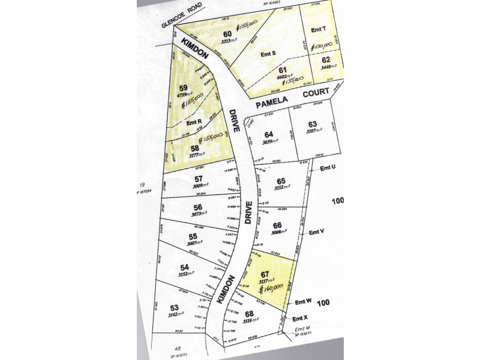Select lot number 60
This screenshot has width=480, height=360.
click(227, 34)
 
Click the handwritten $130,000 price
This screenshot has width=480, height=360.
click(322, 45)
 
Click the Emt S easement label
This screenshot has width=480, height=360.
click(270, 55)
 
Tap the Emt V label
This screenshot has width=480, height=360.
click(316, 231)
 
